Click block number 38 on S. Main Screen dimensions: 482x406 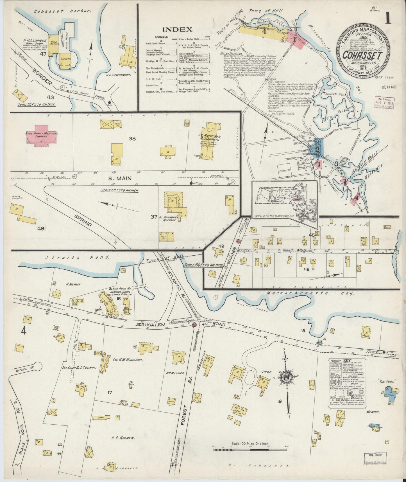coord(132,139)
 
